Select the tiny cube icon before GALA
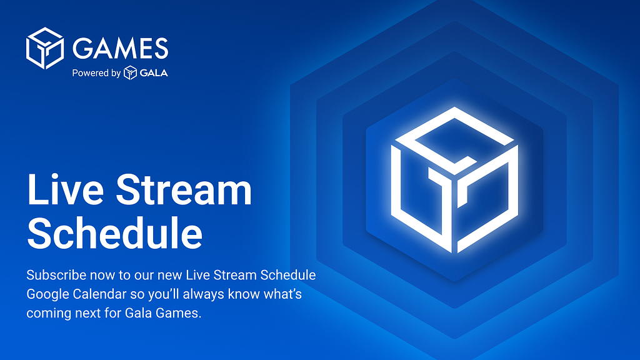pos(130,72)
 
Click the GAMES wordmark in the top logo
pos(121,48)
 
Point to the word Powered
pos(90,73)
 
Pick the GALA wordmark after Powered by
pos(154,73)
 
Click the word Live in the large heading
pos(65,190)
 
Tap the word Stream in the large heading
pos(184,190)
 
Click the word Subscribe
pos(56,275)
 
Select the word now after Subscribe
pos(102,276)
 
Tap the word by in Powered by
pos(116,74)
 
